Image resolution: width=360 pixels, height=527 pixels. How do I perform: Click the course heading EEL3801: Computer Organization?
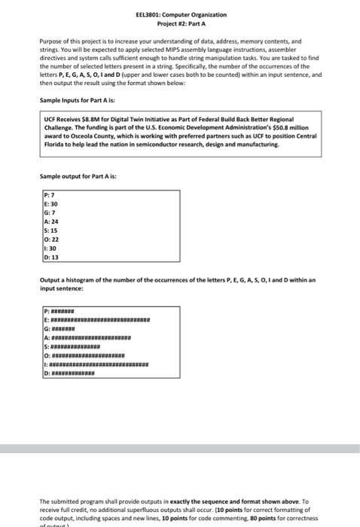point(180,14)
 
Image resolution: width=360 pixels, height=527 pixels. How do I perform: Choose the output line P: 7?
point(51,196)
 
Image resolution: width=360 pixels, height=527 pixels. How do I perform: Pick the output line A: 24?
point(53,222)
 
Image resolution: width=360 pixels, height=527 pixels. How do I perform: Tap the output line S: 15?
point(53,230)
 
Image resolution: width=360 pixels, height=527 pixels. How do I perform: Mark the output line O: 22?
point(53,239)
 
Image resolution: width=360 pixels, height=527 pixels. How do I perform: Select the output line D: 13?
point(53,257)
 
